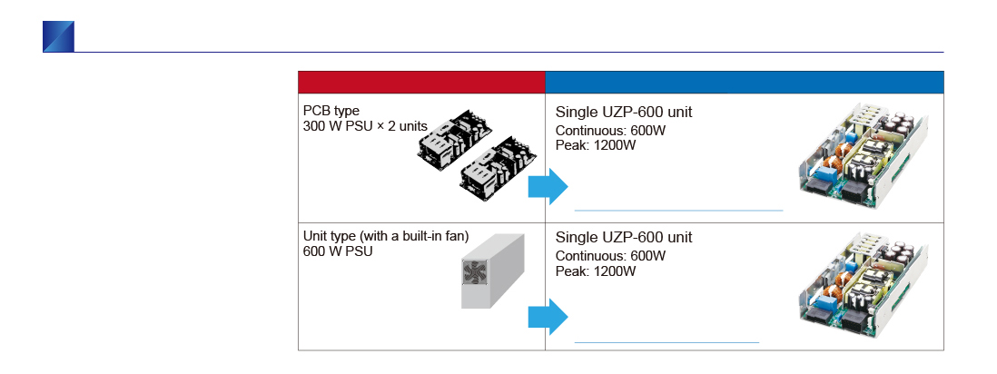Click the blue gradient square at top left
coord(58,36)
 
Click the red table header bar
coord(421,83)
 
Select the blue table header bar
coord(745,83)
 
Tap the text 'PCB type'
coord(331,112)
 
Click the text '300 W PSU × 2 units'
coord(366,126)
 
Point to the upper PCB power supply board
coord(456,140)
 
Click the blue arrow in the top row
coord(548,187)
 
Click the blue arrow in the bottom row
coord(548,317)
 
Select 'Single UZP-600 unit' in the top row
coord(624,113)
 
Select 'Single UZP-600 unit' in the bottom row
coord(624,238)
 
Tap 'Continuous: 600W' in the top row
coord(610,131)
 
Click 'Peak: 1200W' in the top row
coord(596,145)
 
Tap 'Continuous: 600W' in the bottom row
coord(610,256)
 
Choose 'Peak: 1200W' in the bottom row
coord(596,271)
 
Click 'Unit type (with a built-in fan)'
coord(386,237)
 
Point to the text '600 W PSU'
coord(339,251)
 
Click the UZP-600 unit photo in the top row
coord(863,158)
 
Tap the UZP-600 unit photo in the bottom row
coord(863,283)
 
